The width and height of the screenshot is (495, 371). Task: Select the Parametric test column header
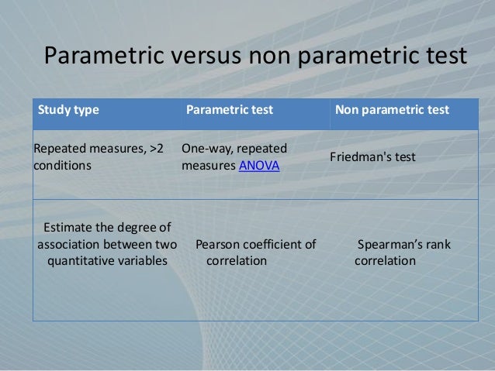coord(229,110)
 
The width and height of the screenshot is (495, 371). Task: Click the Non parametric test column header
coord(392,110)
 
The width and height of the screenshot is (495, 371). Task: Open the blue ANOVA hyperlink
coord(259,166)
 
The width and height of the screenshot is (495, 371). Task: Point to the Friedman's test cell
coord(373,156)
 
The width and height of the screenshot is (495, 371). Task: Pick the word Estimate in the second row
coord(69,227)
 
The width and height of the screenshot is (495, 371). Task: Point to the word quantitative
coord(82,261)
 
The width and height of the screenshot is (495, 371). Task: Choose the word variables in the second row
coord(144,261)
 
